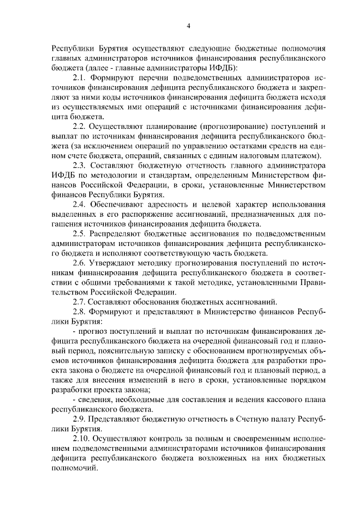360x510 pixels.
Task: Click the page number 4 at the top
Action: coord(188,25)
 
